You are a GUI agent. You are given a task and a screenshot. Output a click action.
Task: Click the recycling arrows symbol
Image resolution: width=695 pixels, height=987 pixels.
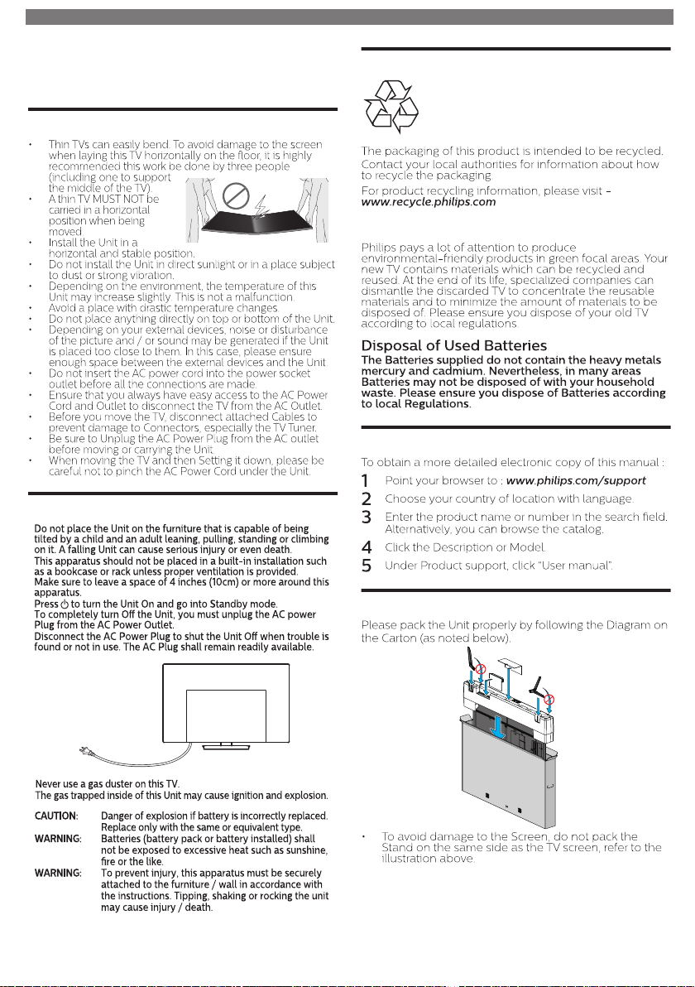click(391, 106)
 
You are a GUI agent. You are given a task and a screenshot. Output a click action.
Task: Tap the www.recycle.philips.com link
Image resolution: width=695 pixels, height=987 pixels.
click(429, 202)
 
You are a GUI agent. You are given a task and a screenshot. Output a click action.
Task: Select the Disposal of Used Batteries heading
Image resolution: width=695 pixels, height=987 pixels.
click(454, 345)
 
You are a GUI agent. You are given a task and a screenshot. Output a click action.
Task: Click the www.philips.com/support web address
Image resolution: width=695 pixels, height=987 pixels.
click(576, 481)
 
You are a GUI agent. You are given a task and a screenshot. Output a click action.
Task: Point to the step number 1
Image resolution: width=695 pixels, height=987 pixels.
click(366, 481)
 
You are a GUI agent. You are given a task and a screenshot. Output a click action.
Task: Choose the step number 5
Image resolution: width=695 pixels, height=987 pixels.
click(366, 566)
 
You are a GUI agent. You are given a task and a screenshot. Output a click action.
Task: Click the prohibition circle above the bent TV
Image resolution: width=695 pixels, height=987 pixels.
click(236, 196)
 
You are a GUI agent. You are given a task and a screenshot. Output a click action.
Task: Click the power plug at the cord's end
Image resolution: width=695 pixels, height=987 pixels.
click(85, 749)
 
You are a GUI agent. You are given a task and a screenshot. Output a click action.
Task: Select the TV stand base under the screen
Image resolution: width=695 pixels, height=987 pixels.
click(227, 747)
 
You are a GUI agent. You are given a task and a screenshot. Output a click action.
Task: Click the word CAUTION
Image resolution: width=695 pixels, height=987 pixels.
click(56, 816)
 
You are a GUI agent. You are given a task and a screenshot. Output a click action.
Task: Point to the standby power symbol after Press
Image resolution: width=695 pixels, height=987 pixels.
click(65, 604)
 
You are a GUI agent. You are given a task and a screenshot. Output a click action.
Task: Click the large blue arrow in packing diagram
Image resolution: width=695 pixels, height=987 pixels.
click(498, 729)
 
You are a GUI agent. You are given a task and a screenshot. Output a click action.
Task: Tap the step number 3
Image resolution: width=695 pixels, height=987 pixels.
click(366, 518)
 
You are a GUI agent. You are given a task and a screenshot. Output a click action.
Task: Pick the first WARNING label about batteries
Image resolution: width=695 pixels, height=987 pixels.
click(58, 839)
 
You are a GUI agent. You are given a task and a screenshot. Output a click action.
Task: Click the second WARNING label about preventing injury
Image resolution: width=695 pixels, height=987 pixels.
click(58, 873)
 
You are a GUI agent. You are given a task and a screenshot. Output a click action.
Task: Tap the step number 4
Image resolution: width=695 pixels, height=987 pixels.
click(367, 547)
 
